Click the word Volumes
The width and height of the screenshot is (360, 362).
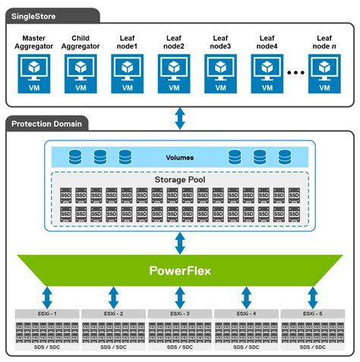[x=179, y=158]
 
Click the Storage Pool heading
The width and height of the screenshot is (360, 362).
[x=179, y=179]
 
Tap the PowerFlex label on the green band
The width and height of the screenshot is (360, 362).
[x=179, y=270]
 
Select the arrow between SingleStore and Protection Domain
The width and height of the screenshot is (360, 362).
[x=180, y=118]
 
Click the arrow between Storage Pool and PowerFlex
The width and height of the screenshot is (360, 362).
[x=180, y=243]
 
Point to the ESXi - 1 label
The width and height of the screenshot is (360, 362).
[x=47, y=313]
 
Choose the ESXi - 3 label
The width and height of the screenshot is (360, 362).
[x=180, y=313]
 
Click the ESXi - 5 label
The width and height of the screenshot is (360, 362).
[x=312, y=313]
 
